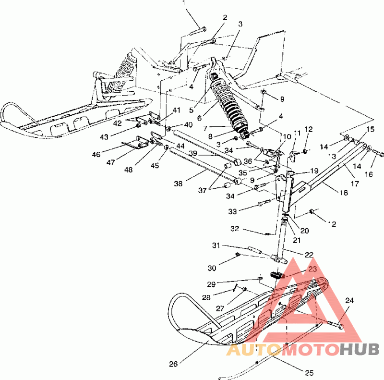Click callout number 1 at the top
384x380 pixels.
(184, 3)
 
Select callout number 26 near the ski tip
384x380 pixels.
(173, 364)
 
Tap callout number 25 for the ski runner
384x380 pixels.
(309, 373)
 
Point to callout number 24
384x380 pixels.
(349, 300)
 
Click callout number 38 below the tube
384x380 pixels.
(178, 184)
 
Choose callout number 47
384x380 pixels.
(111, 162)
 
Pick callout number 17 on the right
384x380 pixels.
(355, 184)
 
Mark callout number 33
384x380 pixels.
(232, 211)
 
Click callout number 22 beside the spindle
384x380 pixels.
(309, 255)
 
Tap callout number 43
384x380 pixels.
(104, 137)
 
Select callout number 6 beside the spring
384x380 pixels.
(199, 118)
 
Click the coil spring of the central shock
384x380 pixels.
(229, 103)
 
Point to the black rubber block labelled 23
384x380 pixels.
(276, 275)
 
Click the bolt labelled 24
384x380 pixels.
(335, 325)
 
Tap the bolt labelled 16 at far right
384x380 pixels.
(379, 154)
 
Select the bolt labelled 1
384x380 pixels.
(197, 31)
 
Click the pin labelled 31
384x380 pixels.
(255, 250)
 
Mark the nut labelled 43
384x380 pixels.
(138, 125)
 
